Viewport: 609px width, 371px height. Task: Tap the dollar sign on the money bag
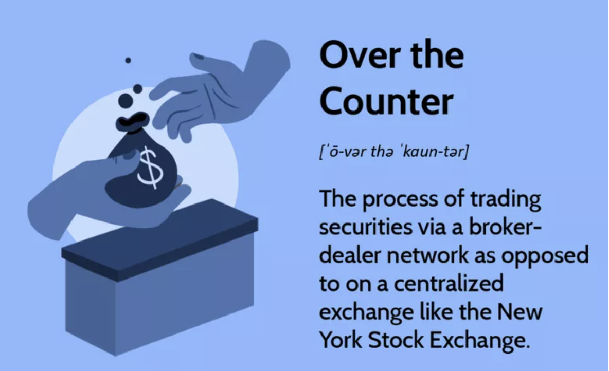[x=150, y=168]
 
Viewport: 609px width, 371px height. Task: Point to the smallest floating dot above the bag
[x=128, y=60]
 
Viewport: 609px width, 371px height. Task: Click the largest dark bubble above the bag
[x=126, y=101]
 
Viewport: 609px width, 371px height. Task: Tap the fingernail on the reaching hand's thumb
[x=199, y=57]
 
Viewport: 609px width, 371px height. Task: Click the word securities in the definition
[x=366, y=227]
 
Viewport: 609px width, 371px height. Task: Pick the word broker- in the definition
[x=505, y=227]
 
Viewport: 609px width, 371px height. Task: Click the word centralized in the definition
[x=449, y=283]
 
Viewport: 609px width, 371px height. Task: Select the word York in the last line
[x=341, y=340]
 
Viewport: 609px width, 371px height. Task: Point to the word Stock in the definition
[x=396, y=340]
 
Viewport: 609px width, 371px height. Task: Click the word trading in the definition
[x=505, y=199]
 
